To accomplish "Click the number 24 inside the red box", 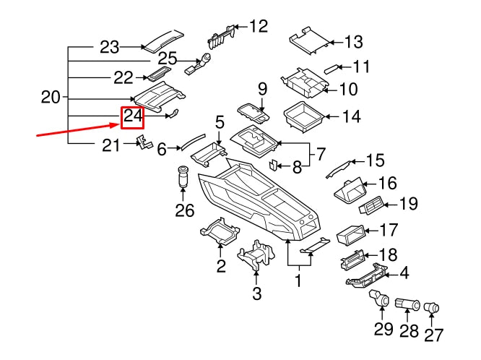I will [133, 116].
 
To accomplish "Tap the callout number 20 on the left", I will [51, 97].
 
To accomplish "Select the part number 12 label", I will [258, 27].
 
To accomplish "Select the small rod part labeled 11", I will [331, 69].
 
